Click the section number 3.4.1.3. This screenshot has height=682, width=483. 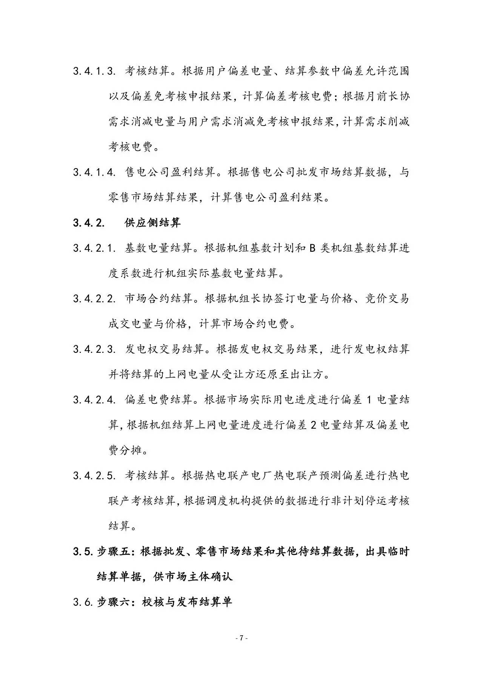94,71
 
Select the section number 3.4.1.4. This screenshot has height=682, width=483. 94,172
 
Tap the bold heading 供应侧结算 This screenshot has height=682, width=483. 152,223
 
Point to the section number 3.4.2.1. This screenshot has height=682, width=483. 94,248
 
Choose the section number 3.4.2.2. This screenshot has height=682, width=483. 94,299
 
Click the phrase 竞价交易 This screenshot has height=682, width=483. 387,299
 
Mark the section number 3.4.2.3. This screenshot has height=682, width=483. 94,349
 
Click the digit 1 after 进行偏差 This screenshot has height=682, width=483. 370,400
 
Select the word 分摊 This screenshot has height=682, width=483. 131,451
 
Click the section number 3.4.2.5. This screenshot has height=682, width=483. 94,476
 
